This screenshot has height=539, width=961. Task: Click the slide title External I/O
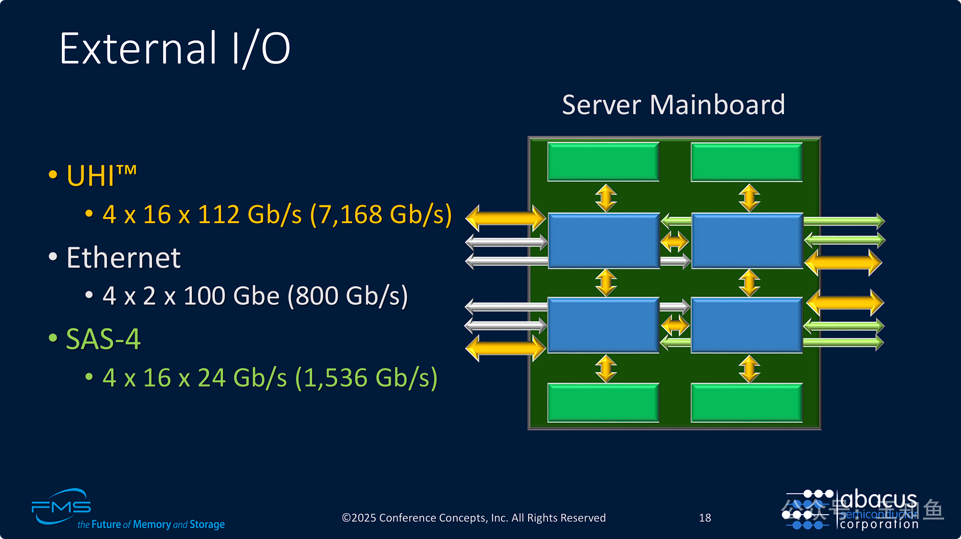(x=174, y=49)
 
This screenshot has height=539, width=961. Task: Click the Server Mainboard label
(x=673, y=105)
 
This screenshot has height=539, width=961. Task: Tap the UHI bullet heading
(x=101, y=176)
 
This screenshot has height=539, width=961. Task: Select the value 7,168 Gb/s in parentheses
(x=381, y=214)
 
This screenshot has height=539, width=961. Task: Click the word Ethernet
(x=123, y=257)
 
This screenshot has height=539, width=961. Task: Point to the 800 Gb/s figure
(x=348, y=296)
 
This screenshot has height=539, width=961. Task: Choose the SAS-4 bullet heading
(x=103, y=339)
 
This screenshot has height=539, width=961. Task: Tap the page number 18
(x=705, y=518)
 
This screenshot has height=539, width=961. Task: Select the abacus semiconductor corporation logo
(x=852, y=509)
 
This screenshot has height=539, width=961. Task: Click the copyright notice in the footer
(x=473, y=518)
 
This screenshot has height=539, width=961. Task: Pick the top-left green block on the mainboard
(x=603, y=162)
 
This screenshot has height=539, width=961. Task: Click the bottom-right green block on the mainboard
(x=747, y=403)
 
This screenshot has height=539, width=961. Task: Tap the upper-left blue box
(x=603, y=241)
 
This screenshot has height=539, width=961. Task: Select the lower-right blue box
(x=747, y=325)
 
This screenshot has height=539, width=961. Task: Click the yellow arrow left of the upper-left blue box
(x=506, y=218)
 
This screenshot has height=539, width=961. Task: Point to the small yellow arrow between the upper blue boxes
(x=674, y=241)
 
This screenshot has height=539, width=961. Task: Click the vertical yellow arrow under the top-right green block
(x=749, y=198)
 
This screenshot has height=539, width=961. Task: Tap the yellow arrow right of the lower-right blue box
(x=845, y=303)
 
